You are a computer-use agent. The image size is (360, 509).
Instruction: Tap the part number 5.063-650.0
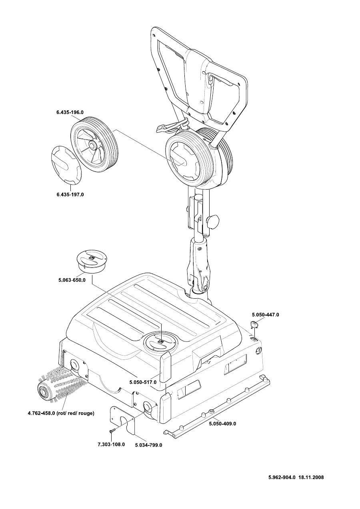coord(72,280)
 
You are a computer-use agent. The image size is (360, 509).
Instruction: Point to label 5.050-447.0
coord(265,315)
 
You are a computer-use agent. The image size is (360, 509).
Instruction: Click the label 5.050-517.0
coord(143,383)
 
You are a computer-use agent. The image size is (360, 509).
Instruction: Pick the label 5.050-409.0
coord(222,423)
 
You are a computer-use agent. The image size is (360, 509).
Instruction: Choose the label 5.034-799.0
coord(148,444)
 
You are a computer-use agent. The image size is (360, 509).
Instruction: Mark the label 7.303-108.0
coord(111,444)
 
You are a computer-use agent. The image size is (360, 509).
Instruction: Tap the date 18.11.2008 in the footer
coord(311,477)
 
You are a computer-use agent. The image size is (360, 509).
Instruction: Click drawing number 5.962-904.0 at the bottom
coord(282,477)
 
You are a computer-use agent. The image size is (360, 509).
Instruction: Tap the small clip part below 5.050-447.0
coord(255,325)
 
